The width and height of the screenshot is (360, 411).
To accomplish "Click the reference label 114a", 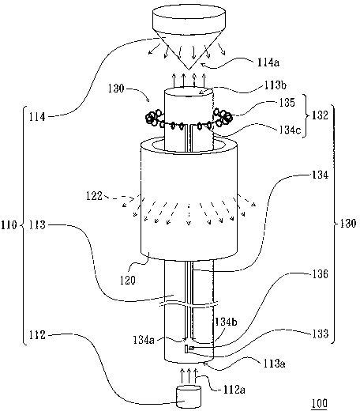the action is (x=268, y=62).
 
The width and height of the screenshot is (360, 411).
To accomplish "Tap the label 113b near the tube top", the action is (x=276, y=85).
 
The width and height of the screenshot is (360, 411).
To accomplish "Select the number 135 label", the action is (x=287, y=102).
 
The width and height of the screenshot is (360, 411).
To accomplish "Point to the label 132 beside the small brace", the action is (x=320, y=115).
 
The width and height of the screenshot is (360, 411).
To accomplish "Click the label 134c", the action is (x=290, y=130).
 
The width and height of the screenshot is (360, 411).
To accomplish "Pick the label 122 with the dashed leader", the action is (x=94, y=196).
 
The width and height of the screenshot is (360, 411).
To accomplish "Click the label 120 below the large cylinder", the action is (x=128, y=280).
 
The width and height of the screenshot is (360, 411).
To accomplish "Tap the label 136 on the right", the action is (x=321, y=274).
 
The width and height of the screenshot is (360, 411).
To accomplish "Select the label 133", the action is (x=321, y=334).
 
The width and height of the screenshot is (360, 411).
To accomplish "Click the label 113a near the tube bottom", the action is (x=275, y=364).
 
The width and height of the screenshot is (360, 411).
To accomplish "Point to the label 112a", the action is (x=234, y=390).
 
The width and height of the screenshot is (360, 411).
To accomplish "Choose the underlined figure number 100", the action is (x=319, y=404).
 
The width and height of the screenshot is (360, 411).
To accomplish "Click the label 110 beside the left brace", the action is (x=9, y=225).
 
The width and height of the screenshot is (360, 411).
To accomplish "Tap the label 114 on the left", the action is (x=37, y=117).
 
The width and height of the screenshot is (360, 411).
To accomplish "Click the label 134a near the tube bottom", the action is (x=144, y=340).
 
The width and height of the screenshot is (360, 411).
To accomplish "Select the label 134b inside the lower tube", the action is (x=227, y=322).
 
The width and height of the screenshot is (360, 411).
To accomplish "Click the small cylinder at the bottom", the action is (x=189, y=398).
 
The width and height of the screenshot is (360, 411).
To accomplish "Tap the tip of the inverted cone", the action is (x=189, y=70).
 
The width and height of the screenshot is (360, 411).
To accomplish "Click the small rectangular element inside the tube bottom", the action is (x=186, y=349).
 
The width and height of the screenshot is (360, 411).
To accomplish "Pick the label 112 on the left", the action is (x=37, y=335).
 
